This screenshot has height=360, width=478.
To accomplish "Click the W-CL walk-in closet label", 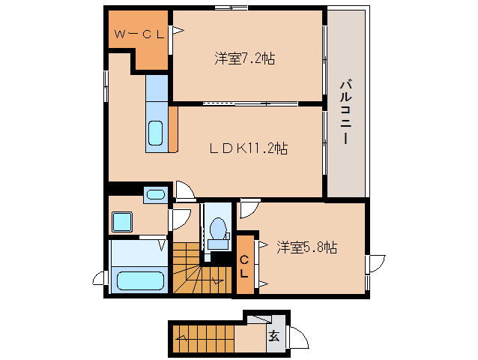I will pyautogui.click(x=139, y=34).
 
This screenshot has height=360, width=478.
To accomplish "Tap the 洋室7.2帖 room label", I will pyautogui.click(x=244, y=58).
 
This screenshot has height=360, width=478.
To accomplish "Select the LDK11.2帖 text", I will pyautogui.click(x=248, y=148).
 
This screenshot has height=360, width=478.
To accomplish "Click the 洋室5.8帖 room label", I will pyautogui.click(x=306, y=247).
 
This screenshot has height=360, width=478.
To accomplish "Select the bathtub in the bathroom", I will pyautogui.click(x=141, y=281).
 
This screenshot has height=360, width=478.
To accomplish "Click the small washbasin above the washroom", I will pyautogui.click(x=156, y=195).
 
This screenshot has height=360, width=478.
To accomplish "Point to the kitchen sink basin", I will pyautogui.click(x=156, y=133).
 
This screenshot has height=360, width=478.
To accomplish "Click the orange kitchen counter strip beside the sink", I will pyautogui.click(x=173, y=129).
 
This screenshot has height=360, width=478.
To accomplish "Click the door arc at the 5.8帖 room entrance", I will pyautogui.click(x=249, y=209).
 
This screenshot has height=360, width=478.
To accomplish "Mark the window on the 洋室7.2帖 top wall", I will pyautogui.click(x=231, y=7).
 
